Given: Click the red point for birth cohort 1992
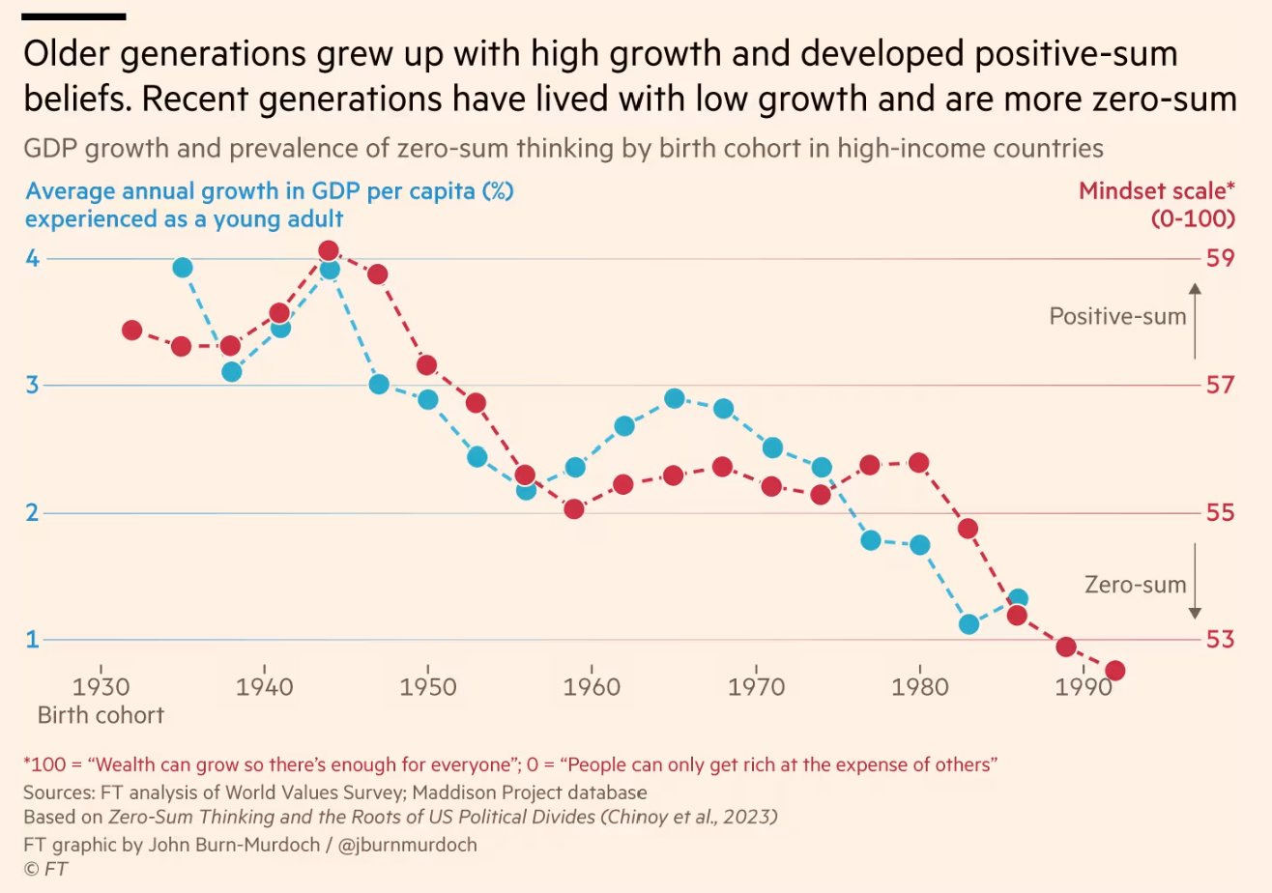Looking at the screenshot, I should (1114, 671).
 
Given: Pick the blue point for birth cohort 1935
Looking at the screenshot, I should (182, 268).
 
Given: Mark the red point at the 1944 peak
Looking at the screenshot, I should (329, 251).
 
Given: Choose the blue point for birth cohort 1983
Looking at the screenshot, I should (968, 624).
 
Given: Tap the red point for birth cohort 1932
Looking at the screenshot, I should (132, 331).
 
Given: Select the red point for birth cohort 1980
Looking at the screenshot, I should (919, 463).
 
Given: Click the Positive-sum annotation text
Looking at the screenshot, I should (1117, 316).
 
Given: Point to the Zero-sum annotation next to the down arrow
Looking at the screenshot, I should (1135, 584).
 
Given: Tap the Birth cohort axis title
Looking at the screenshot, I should (101, 716).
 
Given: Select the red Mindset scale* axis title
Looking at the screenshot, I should (1157, 191).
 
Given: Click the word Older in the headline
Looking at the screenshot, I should (68, 55).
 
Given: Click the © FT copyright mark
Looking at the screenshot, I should (45, 870).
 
